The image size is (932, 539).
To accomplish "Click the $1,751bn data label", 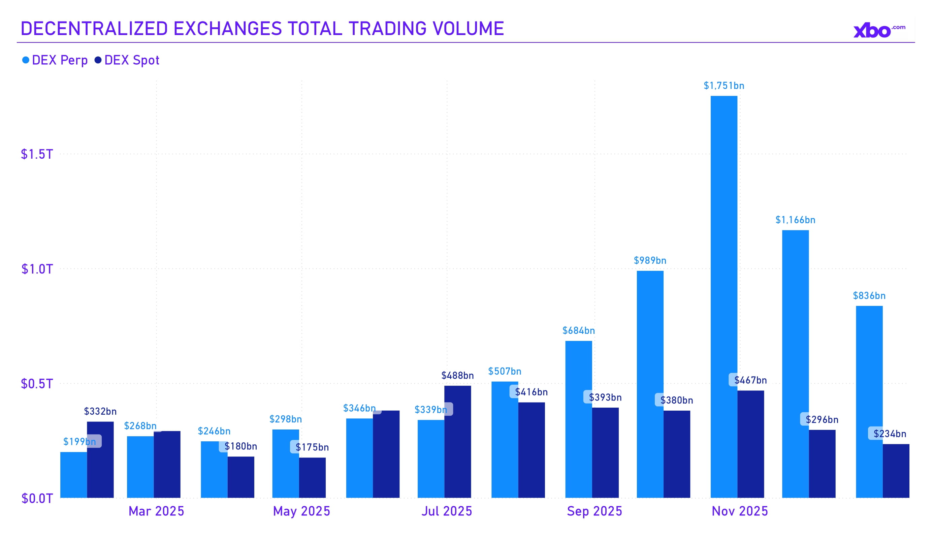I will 724,86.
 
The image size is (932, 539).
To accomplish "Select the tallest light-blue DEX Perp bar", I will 724,296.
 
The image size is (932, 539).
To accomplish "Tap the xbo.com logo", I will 879,30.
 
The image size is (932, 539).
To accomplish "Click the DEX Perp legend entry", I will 55,60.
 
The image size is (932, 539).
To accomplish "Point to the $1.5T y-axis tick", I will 37,154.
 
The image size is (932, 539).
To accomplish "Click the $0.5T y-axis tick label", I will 37,384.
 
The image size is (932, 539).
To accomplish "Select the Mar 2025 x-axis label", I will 156,511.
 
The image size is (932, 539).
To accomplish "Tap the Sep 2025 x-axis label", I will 594,511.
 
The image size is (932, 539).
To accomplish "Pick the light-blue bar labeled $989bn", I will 650,385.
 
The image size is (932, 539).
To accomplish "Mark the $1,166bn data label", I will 795,220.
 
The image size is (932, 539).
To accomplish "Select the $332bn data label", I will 100,411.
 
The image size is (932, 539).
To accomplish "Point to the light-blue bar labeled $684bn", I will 578,418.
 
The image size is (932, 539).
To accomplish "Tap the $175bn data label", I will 312,447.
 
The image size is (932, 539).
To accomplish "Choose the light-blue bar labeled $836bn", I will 869,401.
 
